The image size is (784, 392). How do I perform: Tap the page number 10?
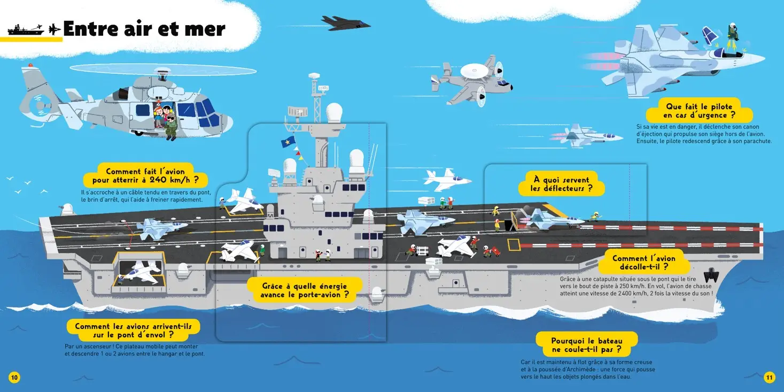14,377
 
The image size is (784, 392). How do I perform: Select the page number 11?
769,377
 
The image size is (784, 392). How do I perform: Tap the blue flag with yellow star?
288,142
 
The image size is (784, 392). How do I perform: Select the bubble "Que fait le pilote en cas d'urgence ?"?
699,111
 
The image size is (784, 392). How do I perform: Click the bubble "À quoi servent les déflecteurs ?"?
561,184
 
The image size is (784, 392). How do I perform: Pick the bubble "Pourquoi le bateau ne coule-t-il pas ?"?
587,345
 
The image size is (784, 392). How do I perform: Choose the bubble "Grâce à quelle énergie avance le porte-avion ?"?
305,290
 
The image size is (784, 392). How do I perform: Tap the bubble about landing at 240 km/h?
145,175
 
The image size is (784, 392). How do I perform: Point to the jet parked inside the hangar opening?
141,272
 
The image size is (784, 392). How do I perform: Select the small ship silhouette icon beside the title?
26,29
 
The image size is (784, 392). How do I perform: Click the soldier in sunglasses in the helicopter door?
171,126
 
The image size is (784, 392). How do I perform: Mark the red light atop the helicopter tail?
30,65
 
